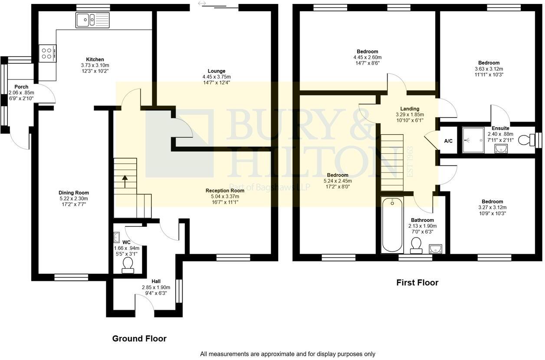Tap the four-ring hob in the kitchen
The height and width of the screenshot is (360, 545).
(47, 53)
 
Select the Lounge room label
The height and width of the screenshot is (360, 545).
(217, 71)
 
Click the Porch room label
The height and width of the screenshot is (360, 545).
(21, 87)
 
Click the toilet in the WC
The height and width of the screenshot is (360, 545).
(128, 264)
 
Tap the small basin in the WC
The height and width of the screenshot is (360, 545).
(116, 237)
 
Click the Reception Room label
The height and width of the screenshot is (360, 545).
(225, 191)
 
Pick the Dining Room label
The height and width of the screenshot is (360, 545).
(74, 193)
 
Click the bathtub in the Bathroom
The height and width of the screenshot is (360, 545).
(392, 225)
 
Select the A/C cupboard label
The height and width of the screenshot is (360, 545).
(448, 141)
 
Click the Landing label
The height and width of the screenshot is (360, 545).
(410, 109)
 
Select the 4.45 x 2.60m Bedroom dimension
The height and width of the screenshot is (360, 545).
(368, 57)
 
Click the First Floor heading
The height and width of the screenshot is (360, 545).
(417, 283)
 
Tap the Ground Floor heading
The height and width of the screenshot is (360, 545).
(139, 339)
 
